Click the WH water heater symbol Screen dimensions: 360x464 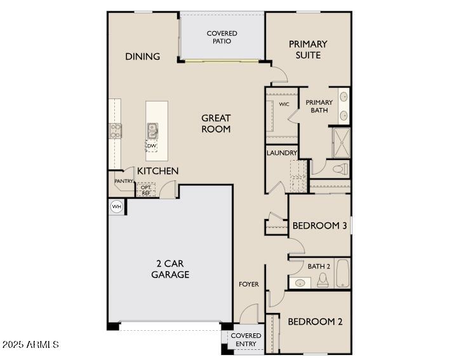tap(116, 206)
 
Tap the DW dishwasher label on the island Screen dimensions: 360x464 tap(152, 146)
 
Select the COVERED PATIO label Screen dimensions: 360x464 tap(222, 37)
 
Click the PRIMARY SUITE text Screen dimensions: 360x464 tap(308, 50)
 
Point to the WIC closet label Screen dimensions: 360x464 tap(284, 104)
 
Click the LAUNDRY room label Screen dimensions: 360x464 tap(282, 153)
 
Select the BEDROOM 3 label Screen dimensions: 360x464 tap(319, 226)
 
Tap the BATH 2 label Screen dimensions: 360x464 tap(319, 266)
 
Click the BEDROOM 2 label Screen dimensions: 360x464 tap(315, 322)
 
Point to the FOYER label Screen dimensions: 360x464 tap(249, 284)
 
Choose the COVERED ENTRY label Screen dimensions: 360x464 tap(246, 340)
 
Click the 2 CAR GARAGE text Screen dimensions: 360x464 tap(170, 269)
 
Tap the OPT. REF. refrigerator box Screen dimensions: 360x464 tap(146, 189)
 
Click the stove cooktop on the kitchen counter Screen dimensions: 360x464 tap(116, 131)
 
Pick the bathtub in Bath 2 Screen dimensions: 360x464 tap(343, 274)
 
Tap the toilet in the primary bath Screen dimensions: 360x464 tap(340, 169)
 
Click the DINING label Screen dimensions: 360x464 tap(142, 57)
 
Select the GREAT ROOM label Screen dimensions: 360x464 tap(216, 123)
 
